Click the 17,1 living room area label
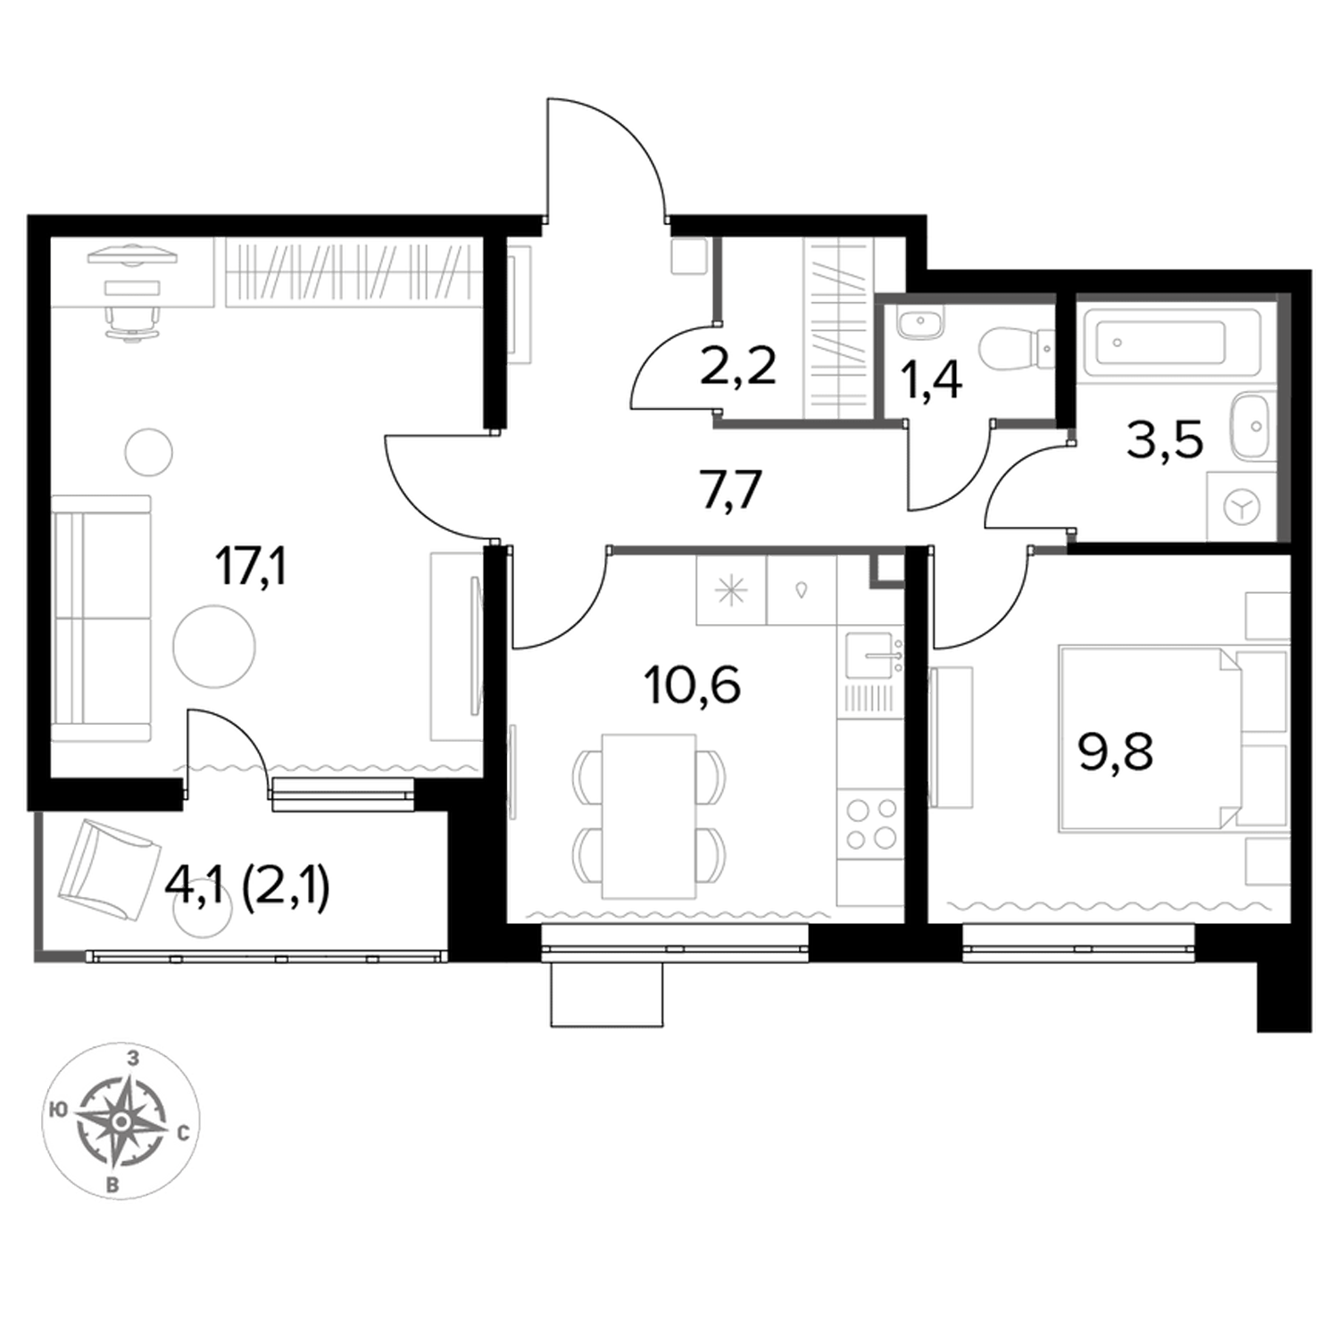coord(251,568)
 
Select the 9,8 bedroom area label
coord(1115,752)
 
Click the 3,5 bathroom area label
coord(1165,439)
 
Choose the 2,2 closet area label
coord(737,366)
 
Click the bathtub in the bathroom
coord(1169,342)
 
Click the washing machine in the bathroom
coord(1243,506)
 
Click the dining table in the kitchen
coord(649,816)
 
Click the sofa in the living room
coord(101,619)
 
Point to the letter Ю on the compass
coord(58,1110)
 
